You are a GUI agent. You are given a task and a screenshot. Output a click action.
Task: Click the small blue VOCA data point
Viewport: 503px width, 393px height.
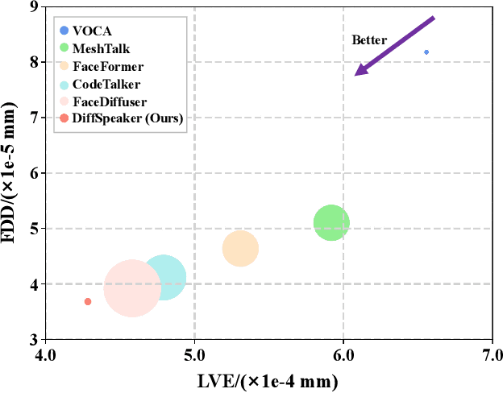pos(426,52)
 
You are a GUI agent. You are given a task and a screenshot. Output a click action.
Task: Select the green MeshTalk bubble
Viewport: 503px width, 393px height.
pos(331,223)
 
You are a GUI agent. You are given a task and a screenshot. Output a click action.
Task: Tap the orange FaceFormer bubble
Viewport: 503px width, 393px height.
pos(240,248)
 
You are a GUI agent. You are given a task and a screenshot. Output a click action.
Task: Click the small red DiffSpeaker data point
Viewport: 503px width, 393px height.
pos(88,301)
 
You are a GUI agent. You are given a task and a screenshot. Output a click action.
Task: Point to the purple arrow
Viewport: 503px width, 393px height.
pos(395,45)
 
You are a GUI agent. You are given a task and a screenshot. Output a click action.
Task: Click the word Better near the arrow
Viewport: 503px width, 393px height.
pos(369,39)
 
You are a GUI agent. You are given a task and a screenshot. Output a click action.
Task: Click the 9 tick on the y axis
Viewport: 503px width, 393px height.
pos(33,7)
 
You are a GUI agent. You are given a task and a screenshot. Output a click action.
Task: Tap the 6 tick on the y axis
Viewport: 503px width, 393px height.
pos(33,173)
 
